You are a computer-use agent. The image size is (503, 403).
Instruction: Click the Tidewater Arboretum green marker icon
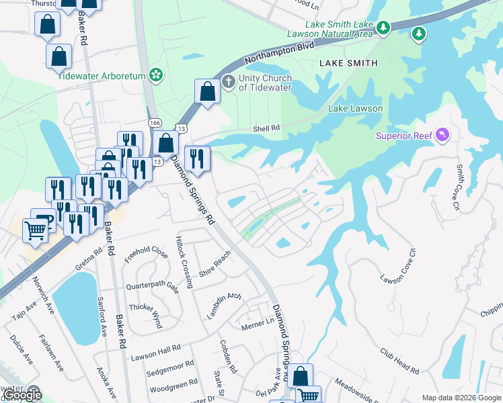[x=156, y=75]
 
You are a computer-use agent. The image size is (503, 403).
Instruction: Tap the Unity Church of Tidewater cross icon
[x=229, y=82]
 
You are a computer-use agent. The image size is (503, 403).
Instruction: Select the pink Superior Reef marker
[x=442, y=136]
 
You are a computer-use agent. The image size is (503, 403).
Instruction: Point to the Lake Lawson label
[x=355, y=108]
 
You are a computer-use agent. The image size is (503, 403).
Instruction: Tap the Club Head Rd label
[x=399, y=361]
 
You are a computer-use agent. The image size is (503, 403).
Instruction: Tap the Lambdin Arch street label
[x=224, y=306]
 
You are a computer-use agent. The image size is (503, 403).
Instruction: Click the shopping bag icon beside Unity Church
[x=207, y=92]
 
